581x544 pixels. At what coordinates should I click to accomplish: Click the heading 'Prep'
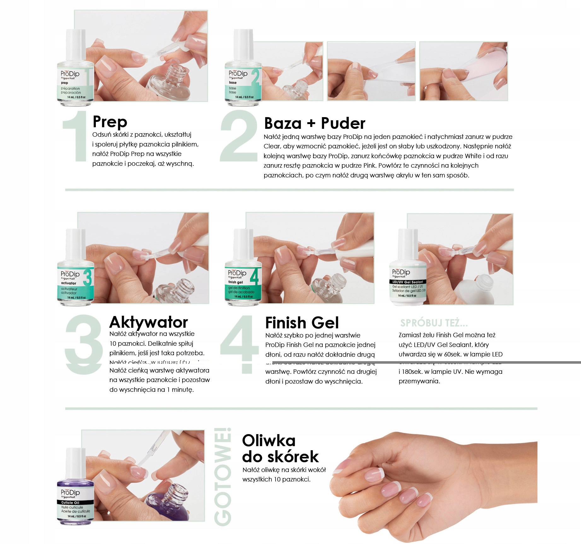(110, 122)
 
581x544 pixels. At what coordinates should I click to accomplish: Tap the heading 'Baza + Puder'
(314, 123)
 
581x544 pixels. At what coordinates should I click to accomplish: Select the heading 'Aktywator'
(148, 322)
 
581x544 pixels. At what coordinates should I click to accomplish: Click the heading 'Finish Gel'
(302, 323)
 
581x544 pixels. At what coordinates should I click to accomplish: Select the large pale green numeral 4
(240, 344)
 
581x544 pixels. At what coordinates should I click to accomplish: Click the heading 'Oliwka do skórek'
(280, 449)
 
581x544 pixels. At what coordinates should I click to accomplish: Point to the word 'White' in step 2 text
(473, 156)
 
